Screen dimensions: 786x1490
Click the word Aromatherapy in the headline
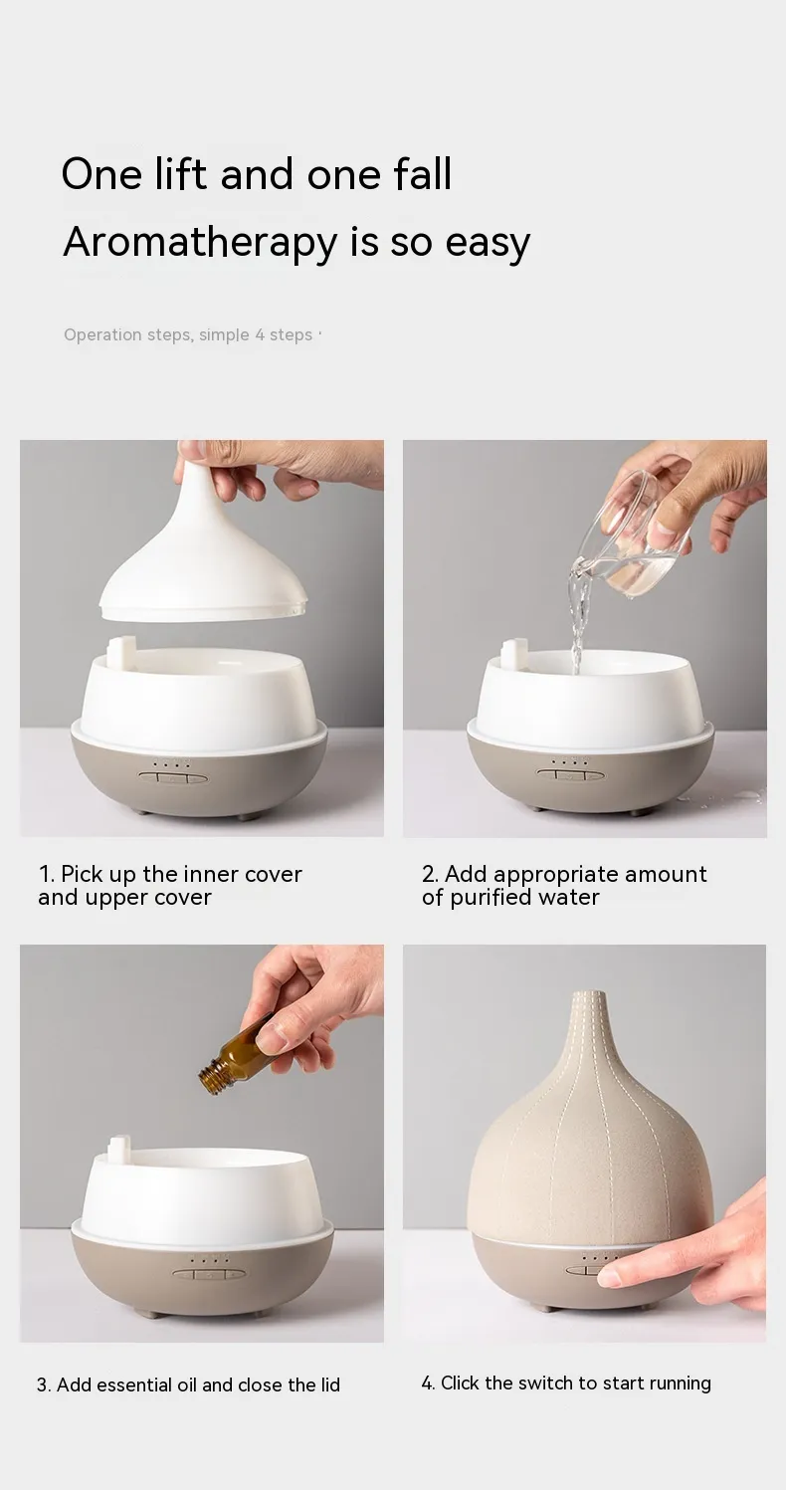coord(200,243)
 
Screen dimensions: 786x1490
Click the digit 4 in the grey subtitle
coord(260,335)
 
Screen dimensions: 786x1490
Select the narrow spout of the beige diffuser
coord(590,1017)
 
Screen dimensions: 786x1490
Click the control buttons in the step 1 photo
coord(172,777)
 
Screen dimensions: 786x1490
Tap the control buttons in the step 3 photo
coord(209,1274)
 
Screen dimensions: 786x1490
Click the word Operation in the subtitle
coord(103,335)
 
